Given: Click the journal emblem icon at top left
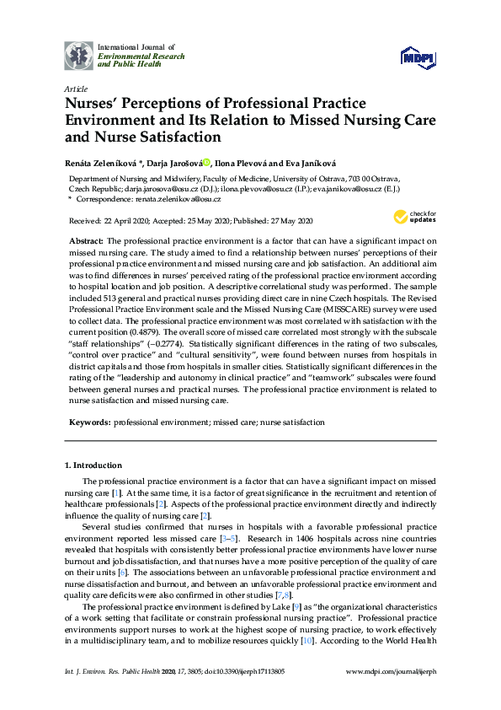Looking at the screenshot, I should (79, 55).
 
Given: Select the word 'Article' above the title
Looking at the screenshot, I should (75, 88).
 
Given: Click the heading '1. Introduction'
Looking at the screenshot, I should (93, 465).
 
